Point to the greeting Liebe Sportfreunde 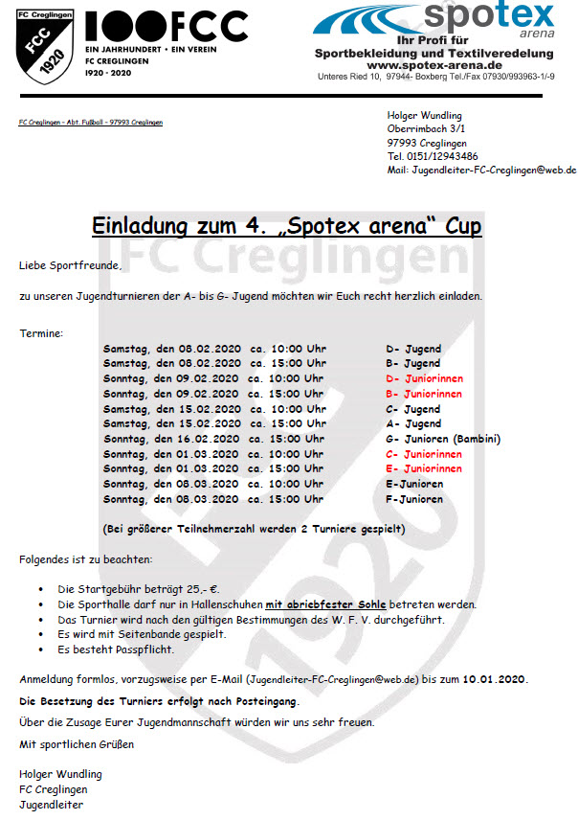(x=71, y=264)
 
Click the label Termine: (x=41, y=333)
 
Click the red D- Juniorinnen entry (x=423, y=378)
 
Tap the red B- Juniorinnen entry (x=423, y=394)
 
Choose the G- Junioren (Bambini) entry (x=442, y=439)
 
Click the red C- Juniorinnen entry (x=423, y=454)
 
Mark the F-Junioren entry (x=414, y=499)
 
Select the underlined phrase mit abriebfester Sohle (x=324, y=604)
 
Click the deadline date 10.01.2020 (x=494, y=679)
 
